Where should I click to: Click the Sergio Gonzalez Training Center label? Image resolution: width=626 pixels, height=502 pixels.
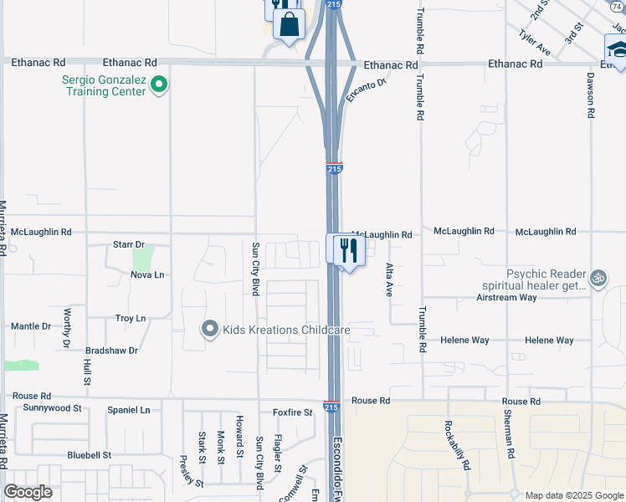[103, 85]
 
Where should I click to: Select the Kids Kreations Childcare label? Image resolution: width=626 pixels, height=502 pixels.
[285, 330]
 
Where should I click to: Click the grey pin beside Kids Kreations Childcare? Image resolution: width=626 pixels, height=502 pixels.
[210, 329]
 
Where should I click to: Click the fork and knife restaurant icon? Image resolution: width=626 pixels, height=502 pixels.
[349, 250]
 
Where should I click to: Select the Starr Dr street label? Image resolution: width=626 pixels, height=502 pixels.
[129, 244]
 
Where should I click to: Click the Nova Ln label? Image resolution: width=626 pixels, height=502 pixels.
[147, 274]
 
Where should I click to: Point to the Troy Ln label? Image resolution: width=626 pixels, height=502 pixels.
[131, 319]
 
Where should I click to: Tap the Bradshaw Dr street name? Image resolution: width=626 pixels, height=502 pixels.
[111, 351]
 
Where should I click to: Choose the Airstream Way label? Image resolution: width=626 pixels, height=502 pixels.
[506, 297]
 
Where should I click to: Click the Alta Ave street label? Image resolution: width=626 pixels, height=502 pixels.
[388, 281]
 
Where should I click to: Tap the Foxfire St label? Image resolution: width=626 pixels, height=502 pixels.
[292, 412]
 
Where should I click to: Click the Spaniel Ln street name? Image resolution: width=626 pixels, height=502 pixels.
[129, 410]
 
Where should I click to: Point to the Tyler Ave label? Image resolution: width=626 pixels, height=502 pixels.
[535, 43]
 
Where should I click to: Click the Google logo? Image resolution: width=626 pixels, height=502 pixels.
[28, 492]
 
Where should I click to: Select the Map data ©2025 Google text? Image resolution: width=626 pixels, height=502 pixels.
[573, 495]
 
